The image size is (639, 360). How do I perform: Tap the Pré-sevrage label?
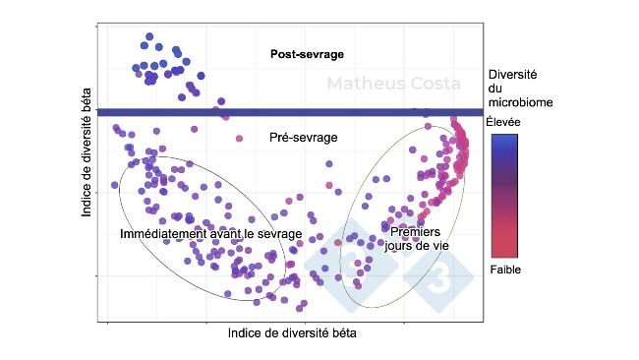click(x=303, y=138)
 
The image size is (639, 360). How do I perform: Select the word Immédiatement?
click(x=162, y=234)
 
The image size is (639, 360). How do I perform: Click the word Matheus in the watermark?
click(x=365, y=84)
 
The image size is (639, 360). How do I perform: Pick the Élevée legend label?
click(x=504, y=122)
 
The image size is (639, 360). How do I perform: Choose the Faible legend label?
click(x=504, y=269)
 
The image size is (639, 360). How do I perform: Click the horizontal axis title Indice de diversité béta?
click(x=292, y=332)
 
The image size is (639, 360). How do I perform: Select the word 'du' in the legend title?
click(x=495, y=88)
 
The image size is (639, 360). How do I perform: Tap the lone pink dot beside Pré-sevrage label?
click(x=239, y=139)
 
